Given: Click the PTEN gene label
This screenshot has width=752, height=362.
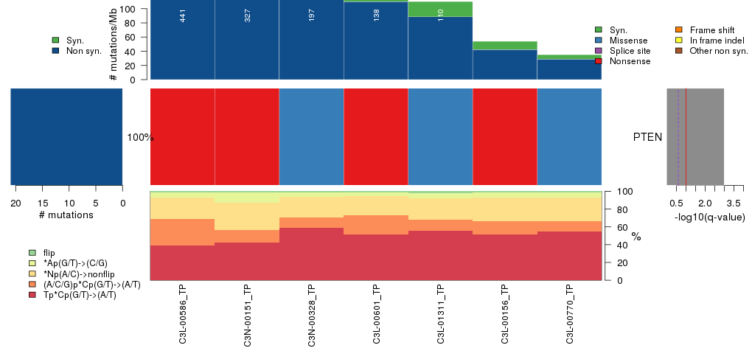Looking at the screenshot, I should [647, 137].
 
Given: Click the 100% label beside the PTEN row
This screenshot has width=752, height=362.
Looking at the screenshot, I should [140, 138].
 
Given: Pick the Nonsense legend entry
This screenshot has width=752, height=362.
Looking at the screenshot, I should [629, 61].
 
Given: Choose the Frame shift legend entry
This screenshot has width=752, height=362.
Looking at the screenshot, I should [708, 29].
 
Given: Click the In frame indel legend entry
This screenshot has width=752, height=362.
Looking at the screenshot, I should [711, 40].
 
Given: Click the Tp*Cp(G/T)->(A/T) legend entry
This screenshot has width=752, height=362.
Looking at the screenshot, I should [80, 295].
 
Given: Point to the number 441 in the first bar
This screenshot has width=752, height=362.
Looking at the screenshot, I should [183, 15].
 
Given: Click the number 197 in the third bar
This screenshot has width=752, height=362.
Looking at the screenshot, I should [312, 15].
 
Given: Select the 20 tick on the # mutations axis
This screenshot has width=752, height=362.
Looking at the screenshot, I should [15, 203].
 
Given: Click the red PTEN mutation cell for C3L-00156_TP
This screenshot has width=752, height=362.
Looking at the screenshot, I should [505, 137].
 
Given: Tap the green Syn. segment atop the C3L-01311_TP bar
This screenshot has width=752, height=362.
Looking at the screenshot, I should [440, 9].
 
